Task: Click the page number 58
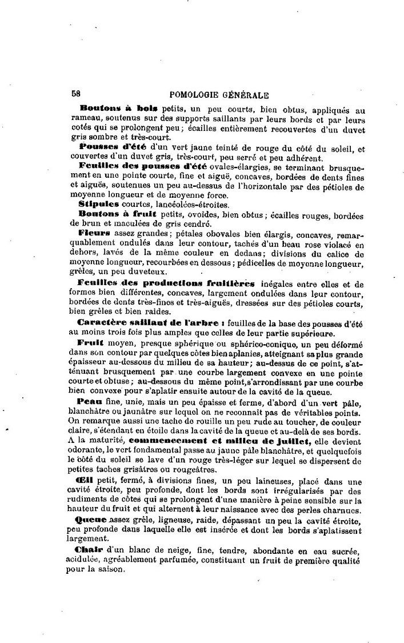[77, 95]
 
